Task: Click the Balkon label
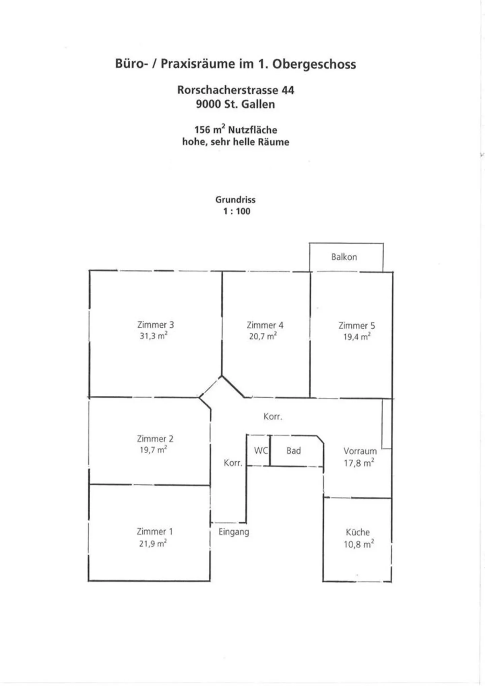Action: (x=344, y=257)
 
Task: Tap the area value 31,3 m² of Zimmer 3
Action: (x=154, y=336)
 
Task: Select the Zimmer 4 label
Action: (x=265, y=325)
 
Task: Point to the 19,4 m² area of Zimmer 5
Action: (x=357, y=336)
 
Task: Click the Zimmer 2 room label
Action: (x=155, y=438)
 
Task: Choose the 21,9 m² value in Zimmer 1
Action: (x=153, y=543)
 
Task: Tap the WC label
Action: (x=261, y=450)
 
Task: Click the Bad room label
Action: (x=293, y=451)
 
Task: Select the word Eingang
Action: (x=234, y=532)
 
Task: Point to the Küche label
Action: (x=358, y=532)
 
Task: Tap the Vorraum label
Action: (x=360, y=451)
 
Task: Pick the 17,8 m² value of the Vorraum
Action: (x=359, y=463)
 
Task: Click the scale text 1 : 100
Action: (x=237, y=211)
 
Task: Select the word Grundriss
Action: (x=235, y=200)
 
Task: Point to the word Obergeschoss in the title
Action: (x=314, y=64)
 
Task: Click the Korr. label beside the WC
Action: (x=233, y=463)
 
